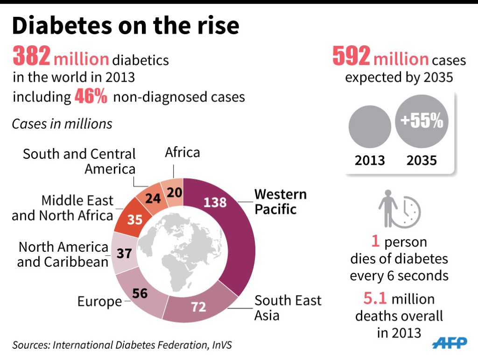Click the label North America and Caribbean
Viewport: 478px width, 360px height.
(63, 254)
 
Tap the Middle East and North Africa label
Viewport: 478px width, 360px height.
(63, 208)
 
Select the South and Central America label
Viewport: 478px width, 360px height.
(79, 161)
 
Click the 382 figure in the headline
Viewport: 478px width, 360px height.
(31, 57)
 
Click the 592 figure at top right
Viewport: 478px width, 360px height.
(351, 56)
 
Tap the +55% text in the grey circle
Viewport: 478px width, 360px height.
(422, 121)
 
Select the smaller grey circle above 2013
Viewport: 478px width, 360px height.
(370, 127)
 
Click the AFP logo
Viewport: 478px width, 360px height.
(449, 343)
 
